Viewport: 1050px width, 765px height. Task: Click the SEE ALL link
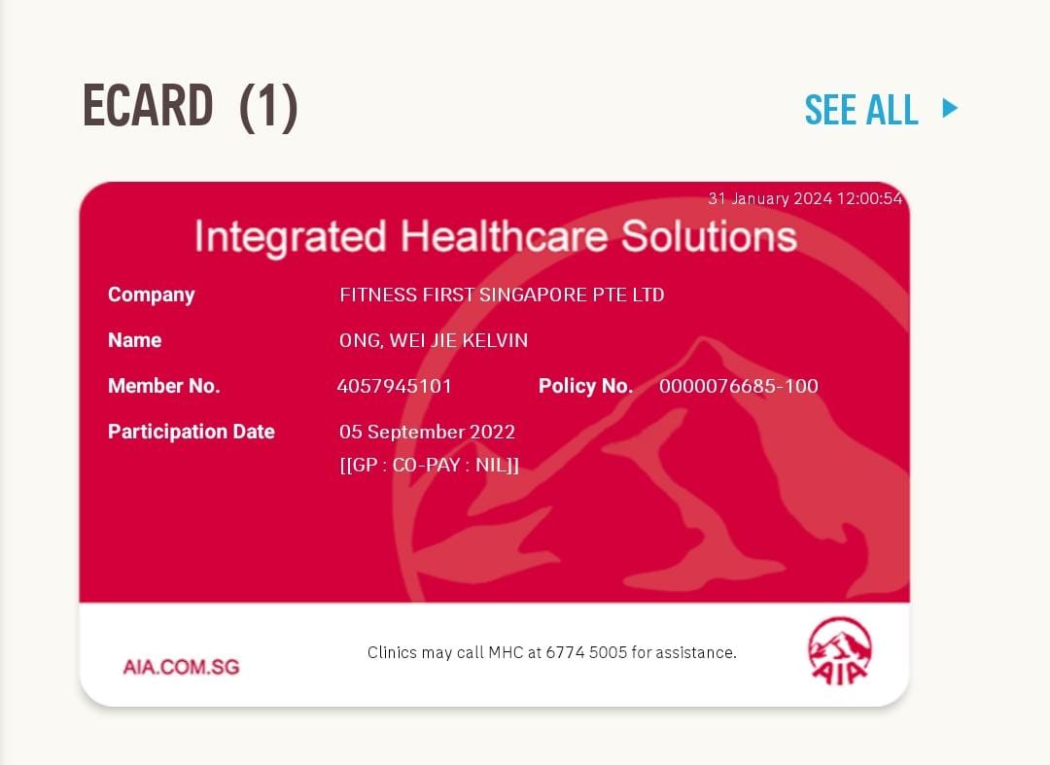(x=861, y=109)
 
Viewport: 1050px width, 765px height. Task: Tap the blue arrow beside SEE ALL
(x=950, y=108)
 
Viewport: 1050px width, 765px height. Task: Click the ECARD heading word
(x=148, y=105)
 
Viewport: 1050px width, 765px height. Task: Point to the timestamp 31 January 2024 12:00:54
(x=806, y=198)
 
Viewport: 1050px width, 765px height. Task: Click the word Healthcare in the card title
(x=505, y=236)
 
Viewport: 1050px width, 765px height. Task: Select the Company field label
(x=152, y=296)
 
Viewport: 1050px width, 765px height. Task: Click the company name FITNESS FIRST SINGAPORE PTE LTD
(x=502, y=295)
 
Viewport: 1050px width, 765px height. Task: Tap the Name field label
(x=134, y=340)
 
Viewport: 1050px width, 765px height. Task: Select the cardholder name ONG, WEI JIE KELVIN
(x=434, y=340)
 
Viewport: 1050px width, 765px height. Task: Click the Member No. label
(x=164, y=386)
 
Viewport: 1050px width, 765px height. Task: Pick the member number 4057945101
(x=395, y=386)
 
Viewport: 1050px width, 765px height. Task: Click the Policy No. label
(x=586, y=386)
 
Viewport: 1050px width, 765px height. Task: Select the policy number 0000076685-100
(x=739, y=386)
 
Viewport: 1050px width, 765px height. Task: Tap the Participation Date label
(x=192, y=432)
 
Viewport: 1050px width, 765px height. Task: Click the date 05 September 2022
(x=427, y=432)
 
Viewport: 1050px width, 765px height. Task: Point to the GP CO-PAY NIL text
(x=430, y=465)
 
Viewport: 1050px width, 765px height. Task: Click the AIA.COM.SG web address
(x=181, y=667)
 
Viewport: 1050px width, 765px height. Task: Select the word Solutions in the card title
(x=709, y=236)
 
